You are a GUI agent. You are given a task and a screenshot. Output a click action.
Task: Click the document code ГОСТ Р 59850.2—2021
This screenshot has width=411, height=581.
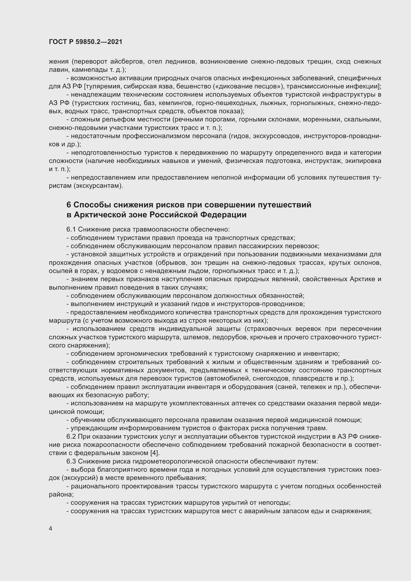85,42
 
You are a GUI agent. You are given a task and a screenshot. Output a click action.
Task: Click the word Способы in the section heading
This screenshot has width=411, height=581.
92,205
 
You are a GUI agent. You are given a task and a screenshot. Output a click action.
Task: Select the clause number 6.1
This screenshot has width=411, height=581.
71,230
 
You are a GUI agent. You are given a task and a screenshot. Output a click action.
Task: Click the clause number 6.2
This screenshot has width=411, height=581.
71,436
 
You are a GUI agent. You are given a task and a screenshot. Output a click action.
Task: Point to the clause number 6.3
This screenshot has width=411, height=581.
71,461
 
